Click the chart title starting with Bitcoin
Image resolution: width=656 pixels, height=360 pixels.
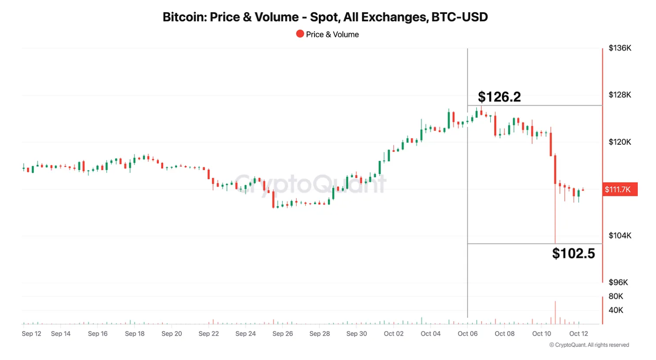coord(325,17)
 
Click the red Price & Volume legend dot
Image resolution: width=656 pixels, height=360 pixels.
coord(300,34)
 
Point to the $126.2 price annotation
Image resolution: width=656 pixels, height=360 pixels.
coord(499,97)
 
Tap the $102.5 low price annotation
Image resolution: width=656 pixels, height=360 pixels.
coord(573,253)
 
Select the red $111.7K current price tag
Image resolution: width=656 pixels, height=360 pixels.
coord(619,190)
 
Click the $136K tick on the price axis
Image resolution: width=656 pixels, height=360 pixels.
coord(619,48)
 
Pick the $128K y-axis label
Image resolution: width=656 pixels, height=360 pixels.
coord(619,95)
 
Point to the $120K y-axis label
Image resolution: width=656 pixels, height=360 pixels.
coord(619,142)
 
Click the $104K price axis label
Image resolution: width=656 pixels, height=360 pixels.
coord(619,236)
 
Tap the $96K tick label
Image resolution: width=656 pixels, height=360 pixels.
coord(618,283)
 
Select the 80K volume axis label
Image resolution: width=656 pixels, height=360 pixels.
coord(616,297)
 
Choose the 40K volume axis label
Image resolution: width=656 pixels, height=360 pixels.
coord(616,310)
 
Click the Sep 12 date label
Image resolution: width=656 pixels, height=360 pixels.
coord(31,334)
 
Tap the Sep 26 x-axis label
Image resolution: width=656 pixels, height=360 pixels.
coord(283,334)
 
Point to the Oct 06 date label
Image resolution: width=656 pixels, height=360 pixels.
coord(468,334)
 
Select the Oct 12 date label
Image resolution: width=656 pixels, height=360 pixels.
coord(579,334)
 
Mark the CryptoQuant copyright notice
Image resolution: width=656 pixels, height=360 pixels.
coord(589,345)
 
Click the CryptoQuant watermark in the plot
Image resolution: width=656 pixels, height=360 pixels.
coord(310,183)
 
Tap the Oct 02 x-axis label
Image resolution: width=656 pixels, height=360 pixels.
coord(394,334)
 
